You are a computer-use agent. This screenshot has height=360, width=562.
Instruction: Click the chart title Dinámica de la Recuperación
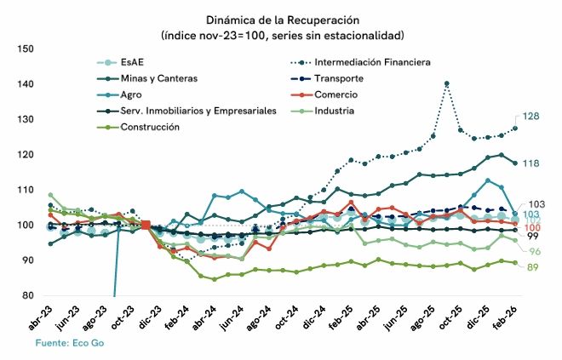[281, 19]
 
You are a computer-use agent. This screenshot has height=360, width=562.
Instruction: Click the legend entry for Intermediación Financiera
[372, 62]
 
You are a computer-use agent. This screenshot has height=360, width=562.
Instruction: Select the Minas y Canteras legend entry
[159, 78]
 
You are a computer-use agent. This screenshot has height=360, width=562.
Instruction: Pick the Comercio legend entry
[335, 94]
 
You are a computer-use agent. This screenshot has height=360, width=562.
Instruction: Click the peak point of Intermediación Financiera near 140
[447, 83]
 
